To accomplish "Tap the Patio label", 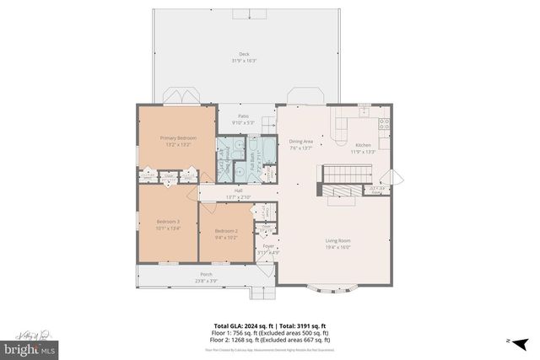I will pos(243,116).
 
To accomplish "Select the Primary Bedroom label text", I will pos(179,137).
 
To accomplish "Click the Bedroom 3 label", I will pos(168,221).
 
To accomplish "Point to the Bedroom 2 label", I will pos(225,231).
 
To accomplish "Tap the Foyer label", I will pos(268,246).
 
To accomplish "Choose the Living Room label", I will pos(337,240).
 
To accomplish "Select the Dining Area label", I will pos(301,142).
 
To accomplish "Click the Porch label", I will pos(200,275).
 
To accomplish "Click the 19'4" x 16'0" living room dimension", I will pos(337,247).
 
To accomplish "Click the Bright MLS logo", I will pos(30,347).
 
